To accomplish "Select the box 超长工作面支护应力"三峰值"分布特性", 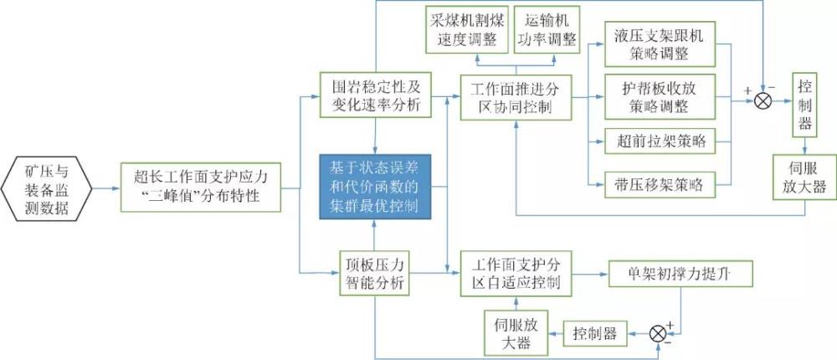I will coord(198,185).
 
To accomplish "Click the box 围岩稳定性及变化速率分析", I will coord(374,95).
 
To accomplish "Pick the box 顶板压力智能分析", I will coord(374,272).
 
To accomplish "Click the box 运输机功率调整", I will coord(546,31).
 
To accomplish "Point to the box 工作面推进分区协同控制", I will coord(515,98).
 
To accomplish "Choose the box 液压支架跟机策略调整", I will coord(658,44).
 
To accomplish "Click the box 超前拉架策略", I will coord(658,141).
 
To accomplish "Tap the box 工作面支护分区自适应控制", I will coord(515,273).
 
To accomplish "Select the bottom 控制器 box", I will coord(595,334).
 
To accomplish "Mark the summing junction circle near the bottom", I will coord(660,333).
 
